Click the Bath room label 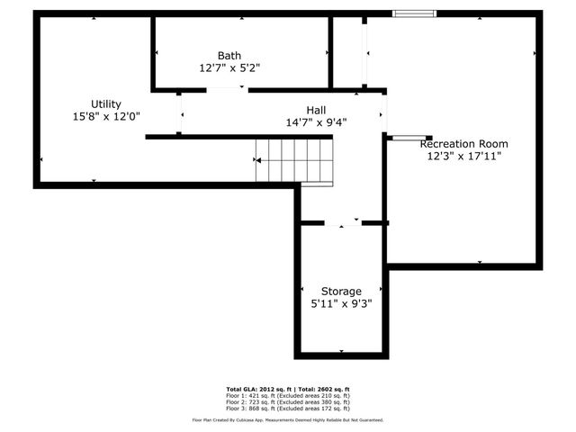tap(229, 55)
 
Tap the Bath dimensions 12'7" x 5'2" tap(229, 67)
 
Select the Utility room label tap(106, 103)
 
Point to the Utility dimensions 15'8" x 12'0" tap(106, 116)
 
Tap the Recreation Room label tap(464, 143)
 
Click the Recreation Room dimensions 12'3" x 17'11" tap(464, 156)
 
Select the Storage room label tap(342, 291)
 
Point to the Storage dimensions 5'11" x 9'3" tap(342, 303)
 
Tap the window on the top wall tap(415, 13)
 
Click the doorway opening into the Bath tap(227, 90)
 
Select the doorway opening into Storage tap(342, 222)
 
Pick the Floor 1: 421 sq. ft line tap(288, 395)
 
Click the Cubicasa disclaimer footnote tap(288, 419)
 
